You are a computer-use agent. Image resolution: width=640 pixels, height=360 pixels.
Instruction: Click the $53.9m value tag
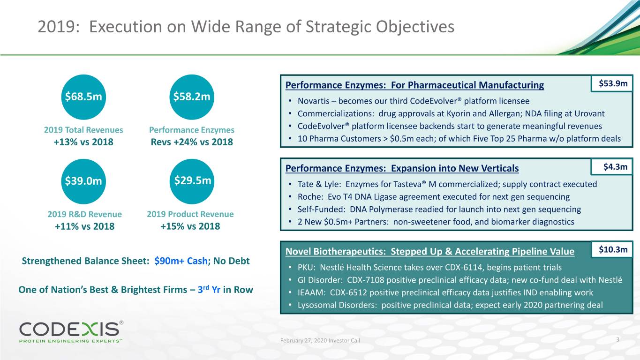click(x=613, y=84)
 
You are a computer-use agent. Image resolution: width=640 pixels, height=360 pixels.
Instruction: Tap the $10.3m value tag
click(x=613, y=250)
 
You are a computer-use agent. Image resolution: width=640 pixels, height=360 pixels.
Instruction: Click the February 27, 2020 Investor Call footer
click(x=320, y=340)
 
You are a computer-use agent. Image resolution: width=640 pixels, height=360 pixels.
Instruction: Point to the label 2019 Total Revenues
click(x=83, y=130)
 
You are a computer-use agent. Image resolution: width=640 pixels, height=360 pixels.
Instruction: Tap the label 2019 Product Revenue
click(x=190, y=214)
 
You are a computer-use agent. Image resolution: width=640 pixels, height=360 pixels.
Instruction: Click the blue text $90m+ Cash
click(x=181, y=261)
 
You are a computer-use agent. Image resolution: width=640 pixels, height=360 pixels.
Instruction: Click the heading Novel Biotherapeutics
click(x=335, y=252)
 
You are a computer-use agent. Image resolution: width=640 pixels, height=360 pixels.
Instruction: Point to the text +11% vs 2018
click(x=84, y=226)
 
